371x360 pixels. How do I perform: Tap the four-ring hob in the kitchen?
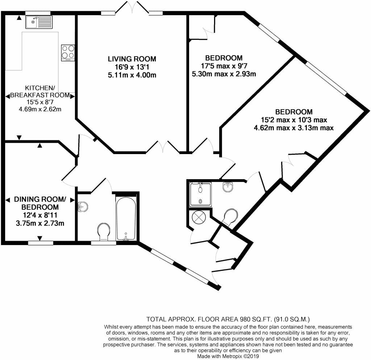click(68, 53)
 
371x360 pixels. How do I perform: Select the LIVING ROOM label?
click(132, 59)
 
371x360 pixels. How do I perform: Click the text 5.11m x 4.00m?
click(132, 75)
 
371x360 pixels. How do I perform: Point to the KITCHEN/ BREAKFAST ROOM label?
click(40, 92)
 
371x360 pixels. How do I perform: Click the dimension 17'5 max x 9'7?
click(224, 66)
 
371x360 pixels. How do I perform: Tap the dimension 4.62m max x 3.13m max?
click(293, 128)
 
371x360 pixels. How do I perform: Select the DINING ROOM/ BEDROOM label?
click(40, 203)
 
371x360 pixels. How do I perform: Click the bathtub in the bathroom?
click(126, 217)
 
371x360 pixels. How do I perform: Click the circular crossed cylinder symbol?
click(199, 216)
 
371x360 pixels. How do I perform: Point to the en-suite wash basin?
click(228, 187)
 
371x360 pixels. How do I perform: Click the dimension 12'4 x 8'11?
click(40, 215)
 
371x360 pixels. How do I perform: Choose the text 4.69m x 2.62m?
click(40, 109)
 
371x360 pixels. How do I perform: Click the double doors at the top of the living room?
click(132, 7)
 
